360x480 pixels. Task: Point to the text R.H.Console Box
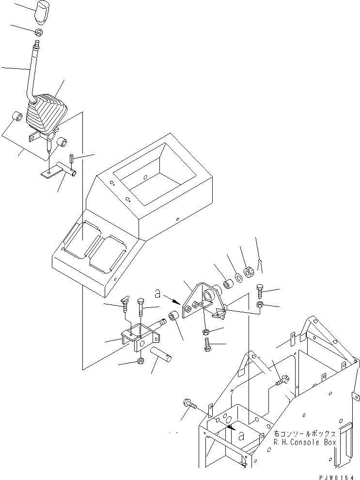tap(304, 442)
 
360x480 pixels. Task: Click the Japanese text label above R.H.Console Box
tap(304, 433)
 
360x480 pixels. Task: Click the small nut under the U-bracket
tap(140, 361)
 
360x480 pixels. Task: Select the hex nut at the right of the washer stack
tap(248, 272)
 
